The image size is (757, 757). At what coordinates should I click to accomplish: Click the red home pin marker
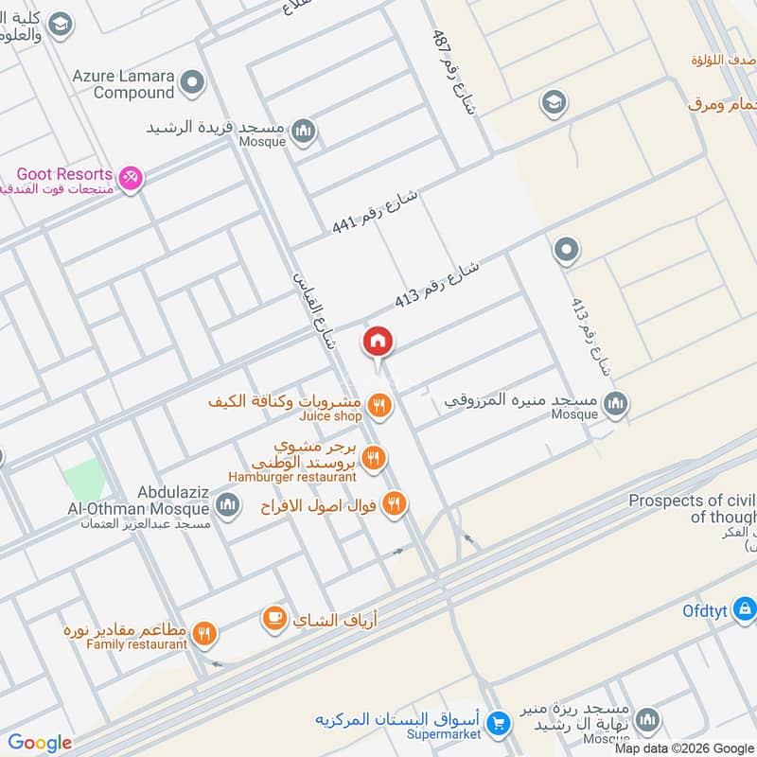[x=378, y=342]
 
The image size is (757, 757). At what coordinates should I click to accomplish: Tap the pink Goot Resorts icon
[x=132, y=176]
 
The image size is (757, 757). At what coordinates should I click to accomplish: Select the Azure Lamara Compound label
[x=120, y=83]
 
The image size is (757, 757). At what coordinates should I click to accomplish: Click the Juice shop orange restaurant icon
[x=379, y=406]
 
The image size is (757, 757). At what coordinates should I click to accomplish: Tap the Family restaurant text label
[x=137, y=644]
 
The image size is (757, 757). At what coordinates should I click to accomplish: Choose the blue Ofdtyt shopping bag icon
[x=745, y=607]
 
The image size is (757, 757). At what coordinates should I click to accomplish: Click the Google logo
[x=40, y=743]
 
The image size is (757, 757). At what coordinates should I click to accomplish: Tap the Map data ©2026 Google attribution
[x=684, y=747]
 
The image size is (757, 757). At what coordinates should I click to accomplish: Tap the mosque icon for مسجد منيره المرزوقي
[x=616, y=405]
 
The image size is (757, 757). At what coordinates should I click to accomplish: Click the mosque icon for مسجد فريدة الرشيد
[x=303, y=131]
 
